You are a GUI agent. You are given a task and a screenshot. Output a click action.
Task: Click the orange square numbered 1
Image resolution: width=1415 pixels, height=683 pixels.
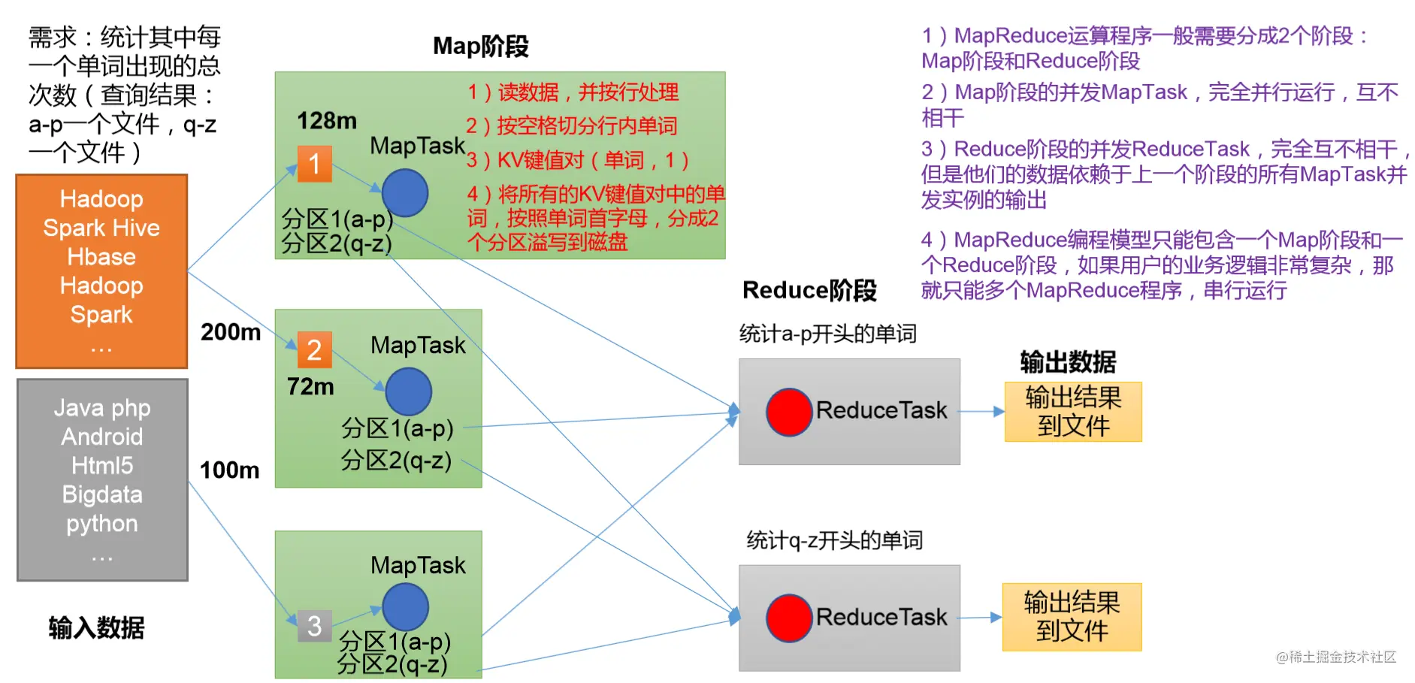pos(314,163)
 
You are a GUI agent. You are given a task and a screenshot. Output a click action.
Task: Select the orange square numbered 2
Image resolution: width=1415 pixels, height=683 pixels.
pos(314,349)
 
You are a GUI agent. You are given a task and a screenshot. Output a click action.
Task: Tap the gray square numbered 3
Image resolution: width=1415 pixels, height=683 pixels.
pos(314,625)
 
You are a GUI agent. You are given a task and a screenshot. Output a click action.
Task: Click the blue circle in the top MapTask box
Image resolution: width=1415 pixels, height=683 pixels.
pos(405,192)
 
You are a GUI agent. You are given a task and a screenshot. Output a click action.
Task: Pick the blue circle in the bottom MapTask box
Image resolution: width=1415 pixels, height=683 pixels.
pos(405,607)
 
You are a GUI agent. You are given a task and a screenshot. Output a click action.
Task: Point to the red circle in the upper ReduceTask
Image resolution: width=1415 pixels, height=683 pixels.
pos(789,412)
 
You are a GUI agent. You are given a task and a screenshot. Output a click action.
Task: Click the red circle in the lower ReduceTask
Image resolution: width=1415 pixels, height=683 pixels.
pos(789,618)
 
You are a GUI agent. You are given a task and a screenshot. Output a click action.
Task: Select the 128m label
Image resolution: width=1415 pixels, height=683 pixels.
pos(327,120)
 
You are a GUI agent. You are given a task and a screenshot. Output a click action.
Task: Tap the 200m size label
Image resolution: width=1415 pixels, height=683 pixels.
pos(231,331)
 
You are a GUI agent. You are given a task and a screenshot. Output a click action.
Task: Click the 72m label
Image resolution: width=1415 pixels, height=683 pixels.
pos(310,386)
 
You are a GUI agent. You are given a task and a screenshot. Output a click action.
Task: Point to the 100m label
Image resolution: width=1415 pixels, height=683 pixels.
pos(229,470)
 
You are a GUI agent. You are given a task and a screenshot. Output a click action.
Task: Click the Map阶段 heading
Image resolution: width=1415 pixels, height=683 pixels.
pos(481,46)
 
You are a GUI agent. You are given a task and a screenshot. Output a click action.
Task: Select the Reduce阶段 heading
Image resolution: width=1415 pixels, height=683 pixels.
pos(809,290)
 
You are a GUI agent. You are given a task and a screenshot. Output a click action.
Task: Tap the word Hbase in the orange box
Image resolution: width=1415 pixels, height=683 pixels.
pos(101,257)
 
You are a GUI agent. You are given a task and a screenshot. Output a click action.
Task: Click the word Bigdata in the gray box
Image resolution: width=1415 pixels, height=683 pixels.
pos(102,494)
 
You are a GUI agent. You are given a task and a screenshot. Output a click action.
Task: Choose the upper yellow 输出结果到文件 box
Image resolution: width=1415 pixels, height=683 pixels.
pos(1073,412)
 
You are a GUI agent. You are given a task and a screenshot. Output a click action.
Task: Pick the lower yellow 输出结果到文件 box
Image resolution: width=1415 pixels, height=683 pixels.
pos(1072,617)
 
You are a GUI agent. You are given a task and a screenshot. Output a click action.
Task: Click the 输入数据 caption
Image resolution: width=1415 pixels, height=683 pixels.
pos(96,627)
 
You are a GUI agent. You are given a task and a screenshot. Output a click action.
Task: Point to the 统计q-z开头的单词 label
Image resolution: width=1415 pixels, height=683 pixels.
pos(834,540)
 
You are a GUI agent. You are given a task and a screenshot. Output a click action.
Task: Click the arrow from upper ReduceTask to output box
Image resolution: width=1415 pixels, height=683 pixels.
pos(982,412)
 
